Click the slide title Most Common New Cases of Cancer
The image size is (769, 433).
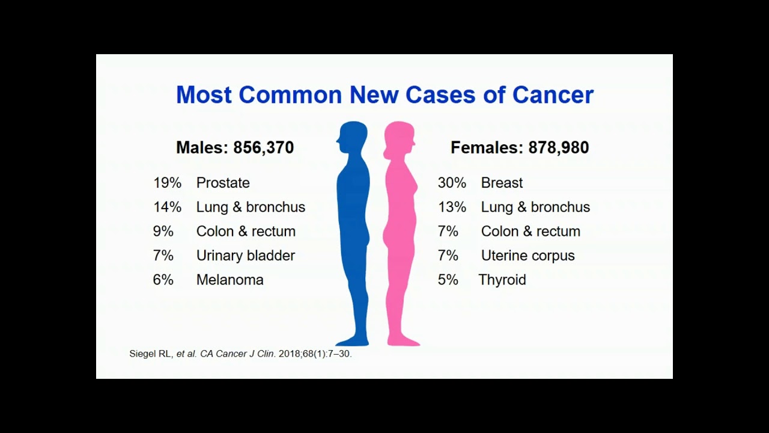[384, 95]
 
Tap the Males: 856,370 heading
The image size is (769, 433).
[235, 147]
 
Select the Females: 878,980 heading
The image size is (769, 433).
[520, 147]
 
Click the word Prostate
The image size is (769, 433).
[223, 183]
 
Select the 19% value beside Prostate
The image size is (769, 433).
[167, 183]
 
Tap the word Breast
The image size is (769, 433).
[502, 183]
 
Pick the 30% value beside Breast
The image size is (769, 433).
[452, 183]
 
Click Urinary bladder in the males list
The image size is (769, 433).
[246, 256]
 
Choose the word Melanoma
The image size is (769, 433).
[229, 280]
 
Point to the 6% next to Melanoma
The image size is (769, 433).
[163, 280]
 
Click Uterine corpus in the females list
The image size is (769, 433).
[527, 256]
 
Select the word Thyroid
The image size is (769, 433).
[502, 280]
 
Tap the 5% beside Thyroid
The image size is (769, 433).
[448, 280]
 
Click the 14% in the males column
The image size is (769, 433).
[167, 207]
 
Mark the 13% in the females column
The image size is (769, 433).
[452, 207]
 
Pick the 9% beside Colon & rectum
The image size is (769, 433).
[163, 232]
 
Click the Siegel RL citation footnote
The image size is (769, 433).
[240, 354]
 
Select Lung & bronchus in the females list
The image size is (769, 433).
[535, 207]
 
